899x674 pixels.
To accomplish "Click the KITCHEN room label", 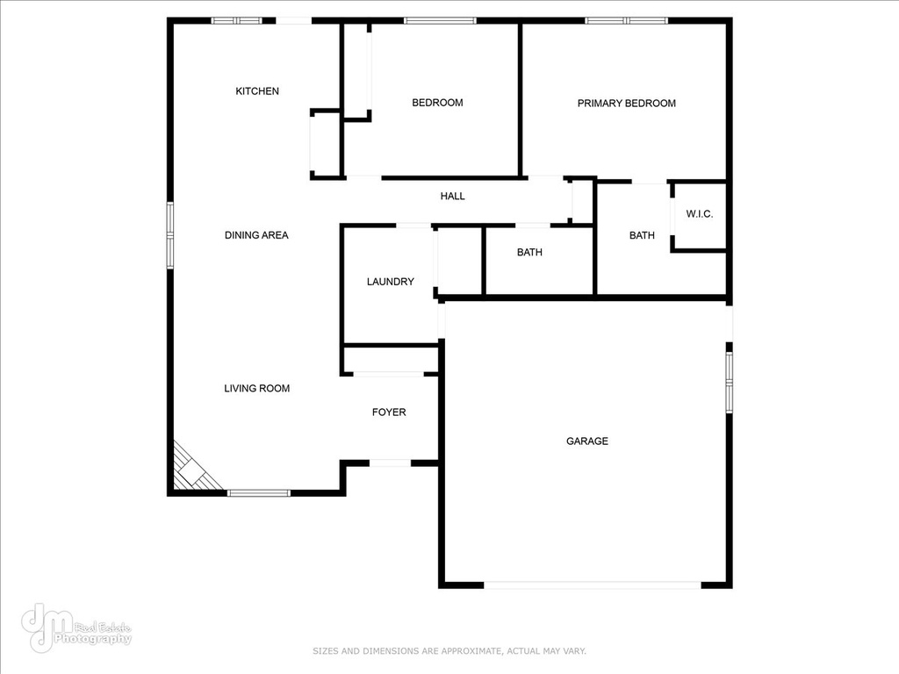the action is point(257,91).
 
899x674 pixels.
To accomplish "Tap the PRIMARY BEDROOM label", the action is point(626,104).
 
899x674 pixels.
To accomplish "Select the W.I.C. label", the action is point(700,214).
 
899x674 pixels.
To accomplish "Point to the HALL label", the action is point(452,196).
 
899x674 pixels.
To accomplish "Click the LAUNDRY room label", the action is point(390,282).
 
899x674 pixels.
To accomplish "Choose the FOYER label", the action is point(389,412).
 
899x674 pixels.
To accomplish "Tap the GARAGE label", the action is point(587,441).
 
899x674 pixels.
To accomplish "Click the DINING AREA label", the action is point(256,235).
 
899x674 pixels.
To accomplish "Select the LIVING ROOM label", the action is point(257,388).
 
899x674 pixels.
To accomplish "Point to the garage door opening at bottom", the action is point(593,585).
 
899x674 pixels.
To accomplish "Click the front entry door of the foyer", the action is point(390,462).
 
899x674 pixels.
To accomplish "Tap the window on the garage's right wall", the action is point(730,383).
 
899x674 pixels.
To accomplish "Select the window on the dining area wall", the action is point(169,234).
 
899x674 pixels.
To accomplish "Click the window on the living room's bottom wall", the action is point(259,493).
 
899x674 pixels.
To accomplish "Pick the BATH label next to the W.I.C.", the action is point(642,235).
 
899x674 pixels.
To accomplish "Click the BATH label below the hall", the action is point(529,252).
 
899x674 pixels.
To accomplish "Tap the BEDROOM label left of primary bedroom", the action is point(437,103).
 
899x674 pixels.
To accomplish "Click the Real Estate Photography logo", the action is point(76,627).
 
